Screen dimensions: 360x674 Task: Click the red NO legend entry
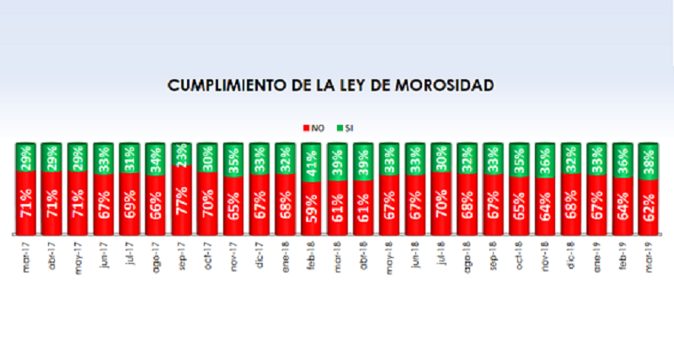[314, 128]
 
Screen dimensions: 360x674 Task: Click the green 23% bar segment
[182, 155]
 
